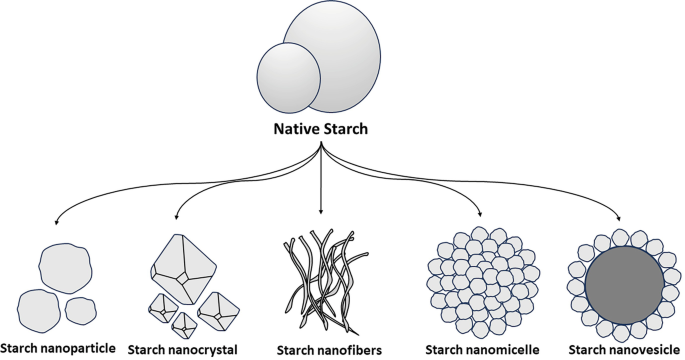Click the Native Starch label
click(x=321, y=129)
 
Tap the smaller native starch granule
click(x=289, y=79)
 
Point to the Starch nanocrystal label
click(x=187, y=350)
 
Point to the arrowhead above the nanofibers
click(x=321, y=212)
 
